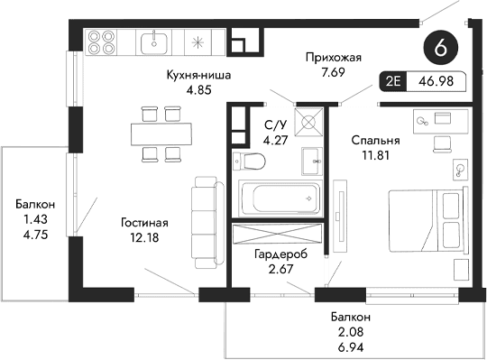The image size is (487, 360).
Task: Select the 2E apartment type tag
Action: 394,81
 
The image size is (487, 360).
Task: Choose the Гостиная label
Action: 145,222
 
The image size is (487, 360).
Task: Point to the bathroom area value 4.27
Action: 273,140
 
